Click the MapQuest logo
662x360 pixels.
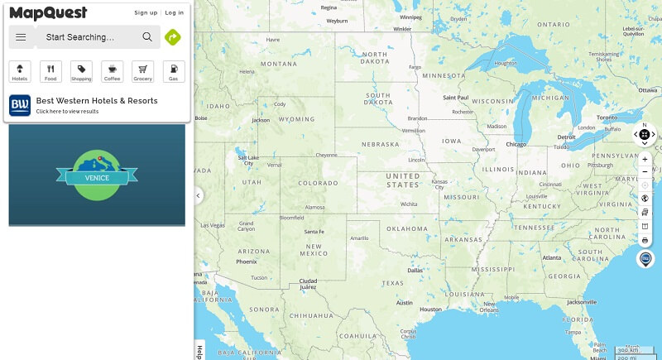[48, 12]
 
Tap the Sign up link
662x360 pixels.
[146, 12]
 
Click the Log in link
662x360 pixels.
[175, 12]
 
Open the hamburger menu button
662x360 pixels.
[21, 37]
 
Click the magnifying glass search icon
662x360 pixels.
[147, 37]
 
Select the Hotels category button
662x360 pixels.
[20, 71]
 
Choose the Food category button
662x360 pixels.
[50, 71]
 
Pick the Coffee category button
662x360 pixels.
[112, 71]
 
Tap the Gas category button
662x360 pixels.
[173, 71]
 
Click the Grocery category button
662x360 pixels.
[142, 71]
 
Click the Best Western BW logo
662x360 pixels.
[20, 105]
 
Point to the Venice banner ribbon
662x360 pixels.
[97, 177]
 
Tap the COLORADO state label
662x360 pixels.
[318, 183]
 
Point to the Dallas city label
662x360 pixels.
[415, 270]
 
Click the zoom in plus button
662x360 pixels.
[645, 159]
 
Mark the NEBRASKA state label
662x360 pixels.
[380, 144]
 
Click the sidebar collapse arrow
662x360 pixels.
[199, 196]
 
